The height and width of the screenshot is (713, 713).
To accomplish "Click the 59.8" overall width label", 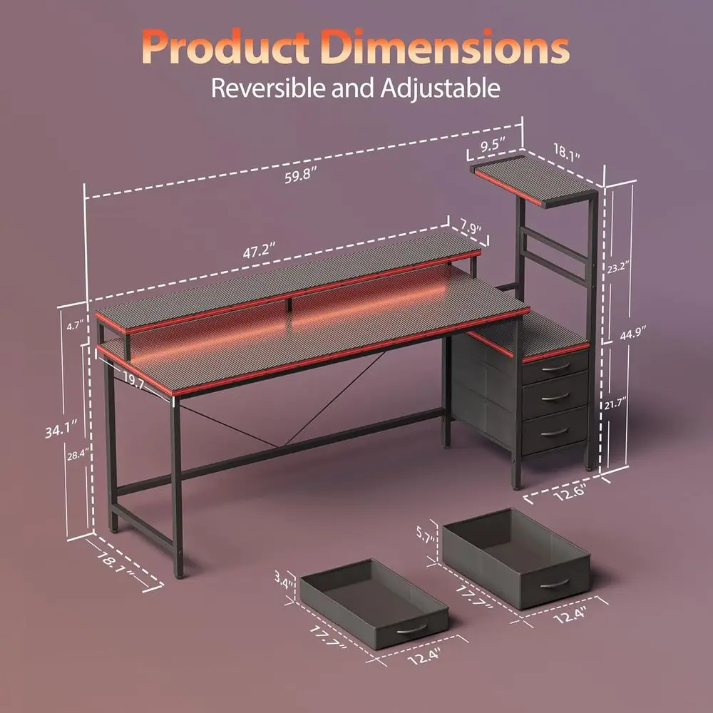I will coord(300,177).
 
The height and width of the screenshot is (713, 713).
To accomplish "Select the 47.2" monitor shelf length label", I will coord(259,252).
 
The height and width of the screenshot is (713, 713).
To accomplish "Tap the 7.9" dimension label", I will coord(468,229).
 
